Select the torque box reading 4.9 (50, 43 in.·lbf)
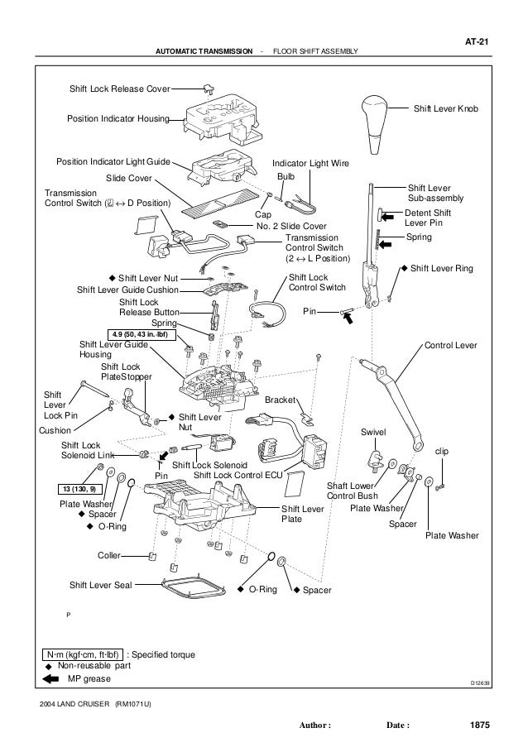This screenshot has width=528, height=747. point(137,334)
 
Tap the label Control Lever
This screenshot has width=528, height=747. point(450,343)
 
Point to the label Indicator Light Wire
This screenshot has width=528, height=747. point(310,164)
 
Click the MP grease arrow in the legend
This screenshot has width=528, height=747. point(50,679)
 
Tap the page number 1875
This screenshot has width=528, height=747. point(478,725)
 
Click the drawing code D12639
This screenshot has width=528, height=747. point(478,684)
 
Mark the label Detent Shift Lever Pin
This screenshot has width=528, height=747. point(429,218)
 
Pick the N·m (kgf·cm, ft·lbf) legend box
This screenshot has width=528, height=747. point(81,654)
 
